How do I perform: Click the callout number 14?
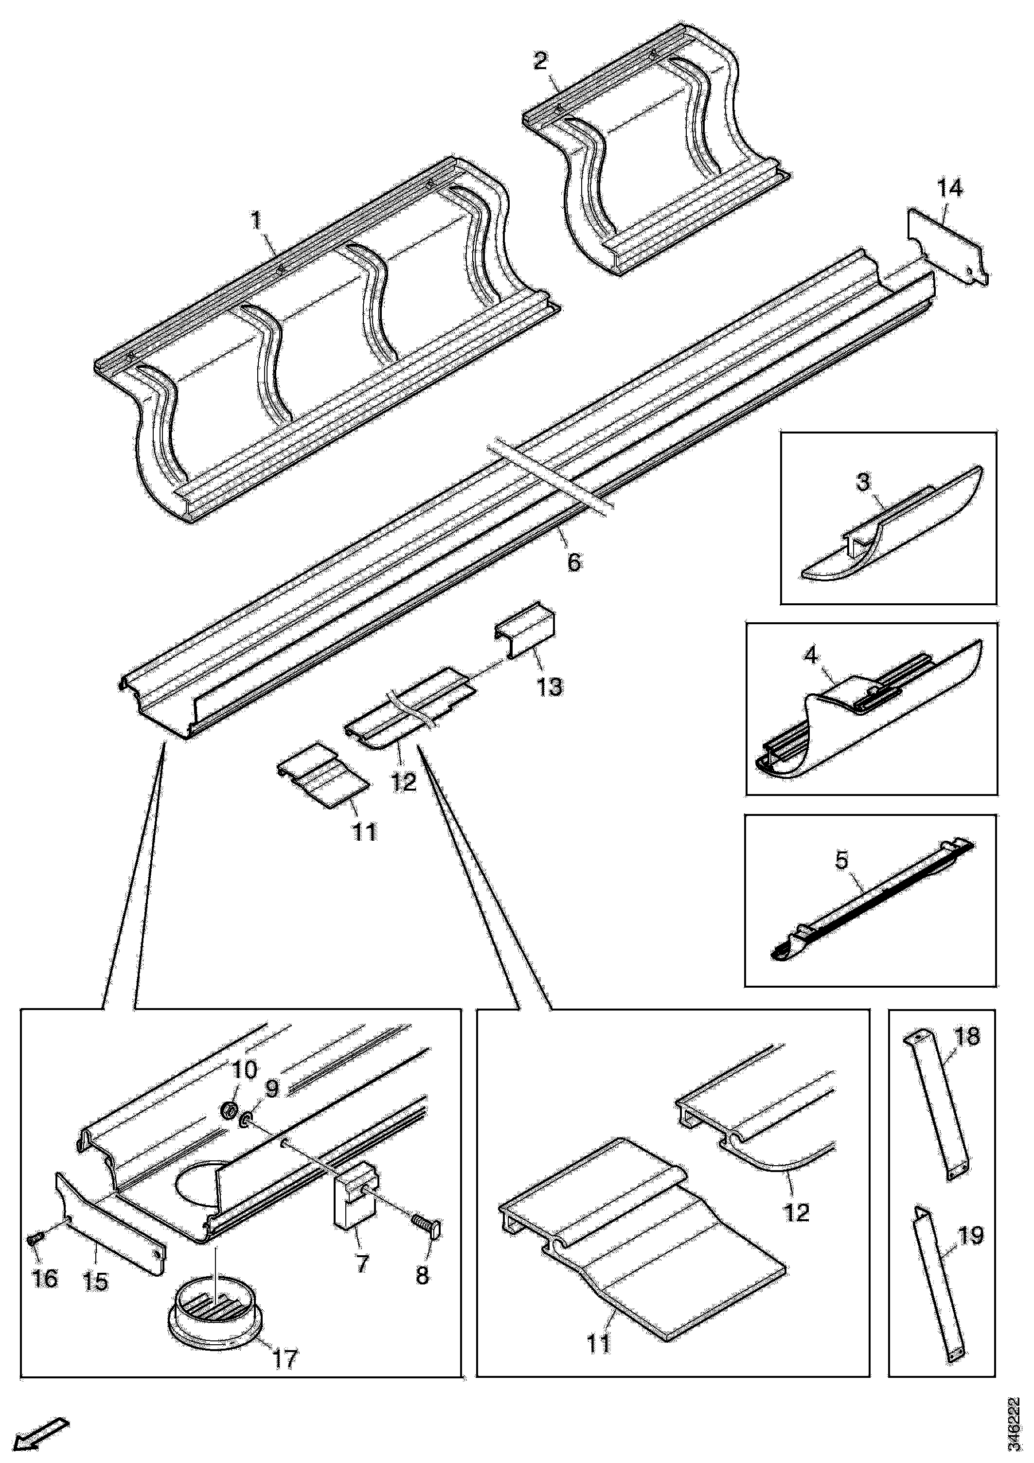point(950,189)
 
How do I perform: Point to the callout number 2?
point(540,61)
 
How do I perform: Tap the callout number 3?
point(863,482)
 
